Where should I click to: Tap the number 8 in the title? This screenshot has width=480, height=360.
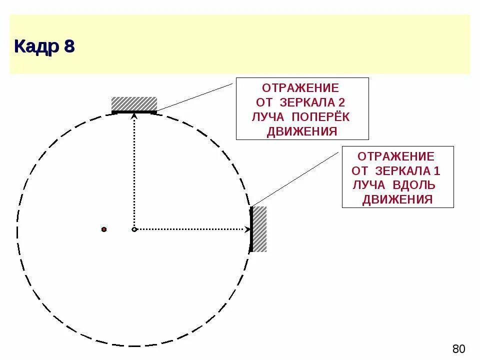(68, 46)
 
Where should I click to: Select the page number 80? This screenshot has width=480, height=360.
(458, 348)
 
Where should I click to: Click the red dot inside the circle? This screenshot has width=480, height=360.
(104, 229)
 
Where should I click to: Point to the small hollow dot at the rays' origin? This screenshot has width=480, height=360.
(134, 229)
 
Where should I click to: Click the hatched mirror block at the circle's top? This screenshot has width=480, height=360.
(134, 104)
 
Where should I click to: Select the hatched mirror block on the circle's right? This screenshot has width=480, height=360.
(259, 229)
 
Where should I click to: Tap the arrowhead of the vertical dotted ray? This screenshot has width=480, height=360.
(134, 116)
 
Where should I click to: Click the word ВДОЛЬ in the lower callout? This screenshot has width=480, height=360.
(414, 185)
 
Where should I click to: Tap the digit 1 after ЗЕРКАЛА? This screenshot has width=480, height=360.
(436, 170)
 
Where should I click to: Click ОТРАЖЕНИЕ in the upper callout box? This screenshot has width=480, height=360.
(300, 88)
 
